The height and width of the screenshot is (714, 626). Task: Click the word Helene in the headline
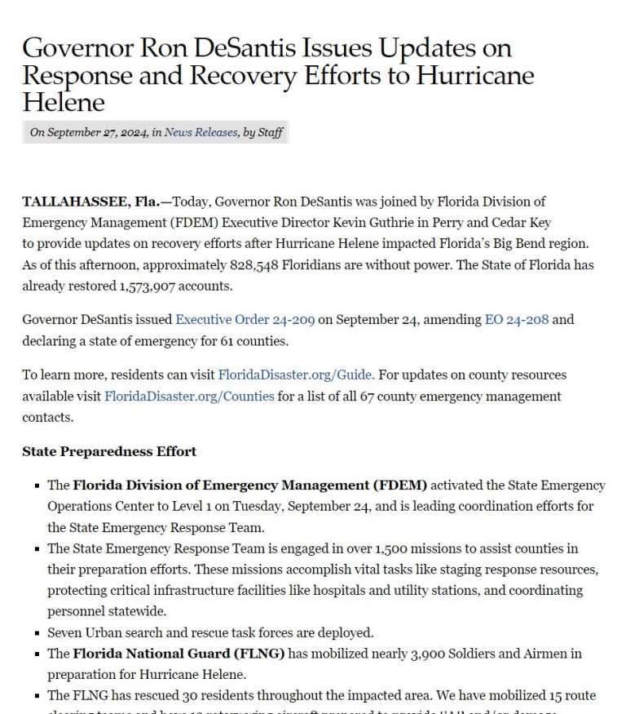click(x=64, y=103)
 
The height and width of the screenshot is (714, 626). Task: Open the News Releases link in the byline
click(x=201, y=132)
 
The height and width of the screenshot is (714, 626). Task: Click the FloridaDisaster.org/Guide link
click(x=296, y=375)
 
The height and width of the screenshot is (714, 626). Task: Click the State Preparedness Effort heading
click(x=109, y=451)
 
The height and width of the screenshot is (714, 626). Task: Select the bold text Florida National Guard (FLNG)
click(x=179, y=653)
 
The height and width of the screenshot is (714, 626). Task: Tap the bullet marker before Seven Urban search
click(x=37, y=632)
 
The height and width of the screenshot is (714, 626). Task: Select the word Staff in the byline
click(x=271, y=132)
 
